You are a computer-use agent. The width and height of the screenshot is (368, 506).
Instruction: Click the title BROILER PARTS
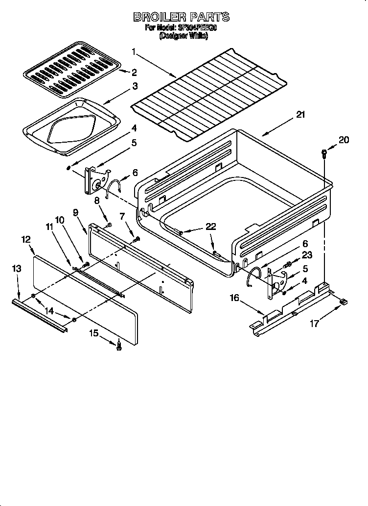(182, 17)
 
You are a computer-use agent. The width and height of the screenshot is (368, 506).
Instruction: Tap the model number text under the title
(182, 29)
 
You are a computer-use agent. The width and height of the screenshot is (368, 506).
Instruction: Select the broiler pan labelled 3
(71, 125)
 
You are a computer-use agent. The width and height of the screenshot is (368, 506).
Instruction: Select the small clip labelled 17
(344, 303)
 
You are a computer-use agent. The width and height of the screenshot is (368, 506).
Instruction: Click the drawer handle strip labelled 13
(39, 316)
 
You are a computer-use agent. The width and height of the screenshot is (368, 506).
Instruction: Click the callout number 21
(300, 115)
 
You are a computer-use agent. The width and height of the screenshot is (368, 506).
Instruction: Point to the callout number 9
(76, 212)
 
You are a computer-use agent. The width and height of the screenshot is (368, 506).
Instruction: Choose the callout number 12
(26, 239)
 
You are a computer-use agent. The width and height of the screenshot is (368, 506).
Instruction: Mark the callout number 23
(307, 254)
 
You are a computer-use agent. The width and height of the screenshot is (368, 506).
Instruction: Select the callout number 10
(59, 220)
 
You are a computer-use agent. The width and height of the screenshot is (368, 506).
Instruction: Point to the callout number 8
(97, 200)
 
